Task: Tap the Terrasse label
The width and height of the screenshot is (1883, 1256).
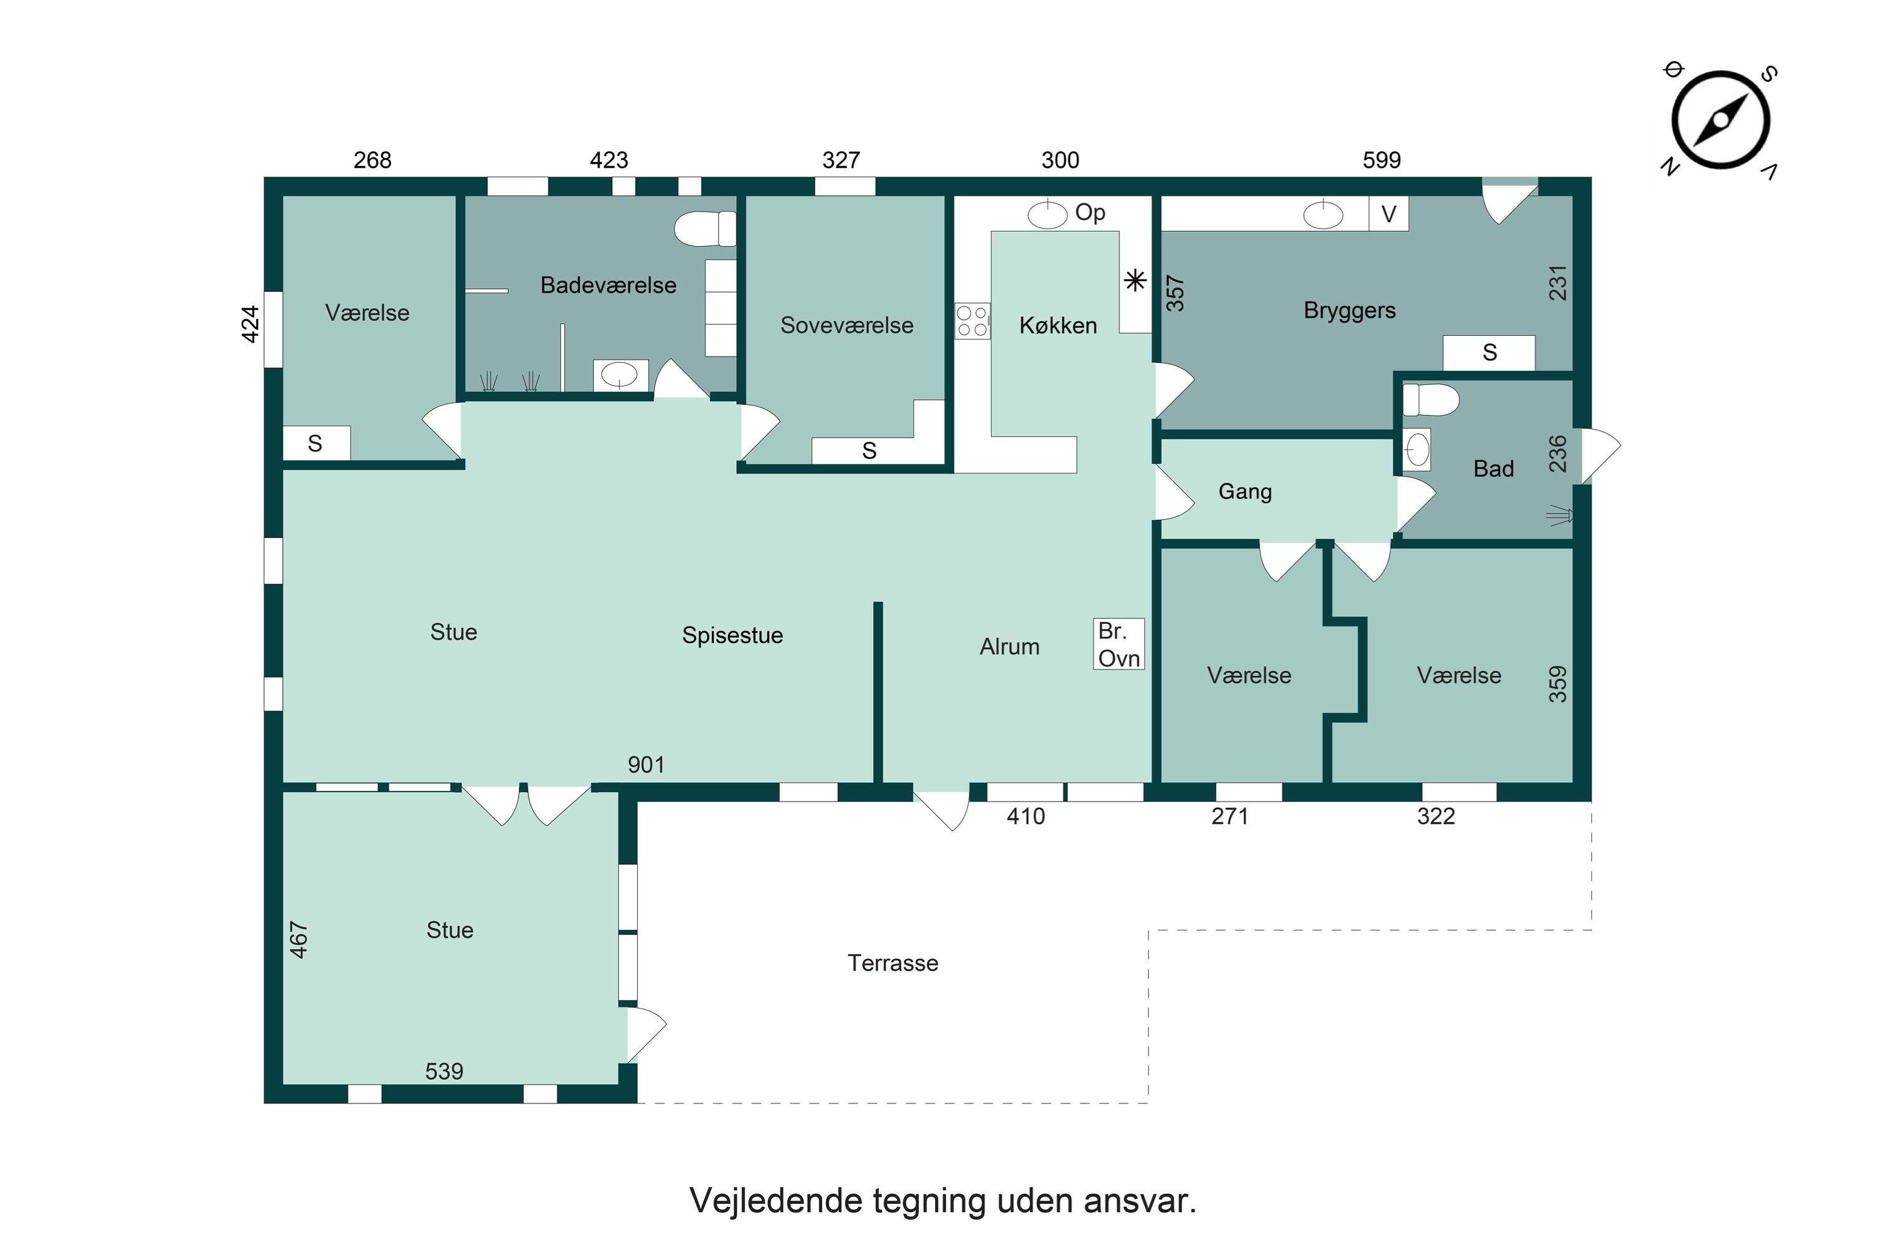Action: click(x=893, y=963)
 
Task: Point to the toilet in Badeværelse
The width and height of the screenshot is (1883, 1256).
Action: click(x=704, y=228)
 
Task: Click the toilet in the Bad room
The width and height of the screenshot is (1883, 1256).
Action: click(x=1430, y=400)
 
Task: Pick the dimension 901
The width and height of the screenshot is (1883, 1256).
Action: click(x=645, y=765)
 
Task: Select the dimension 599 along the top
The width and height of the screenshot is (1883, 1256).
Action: click(x=1381, y=160)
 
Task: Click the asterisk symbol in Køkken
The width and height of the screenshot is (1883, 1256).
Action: click(x=1135, y=281)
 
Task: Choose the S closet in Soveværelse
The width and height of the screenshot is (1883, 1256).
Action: click(x=869, y=451)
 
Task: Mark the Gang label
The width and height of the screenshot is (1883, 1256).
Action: click(x=1244, y=491)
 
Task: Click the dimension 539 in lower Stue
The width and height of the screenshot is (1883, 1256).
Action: click(x=444, y=1071)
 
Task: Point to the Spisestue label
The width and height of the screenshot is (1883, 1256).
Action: click(x=732, y=635)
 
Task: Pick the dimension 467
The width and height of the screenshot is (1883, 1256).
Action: click(x=299, y=939)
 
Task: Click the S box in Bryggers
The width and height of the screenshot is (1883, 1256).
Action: click(x=1488, y=353)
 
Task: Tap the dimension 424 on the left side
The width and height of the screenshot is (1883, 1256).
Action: click(x=250, y=325)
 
